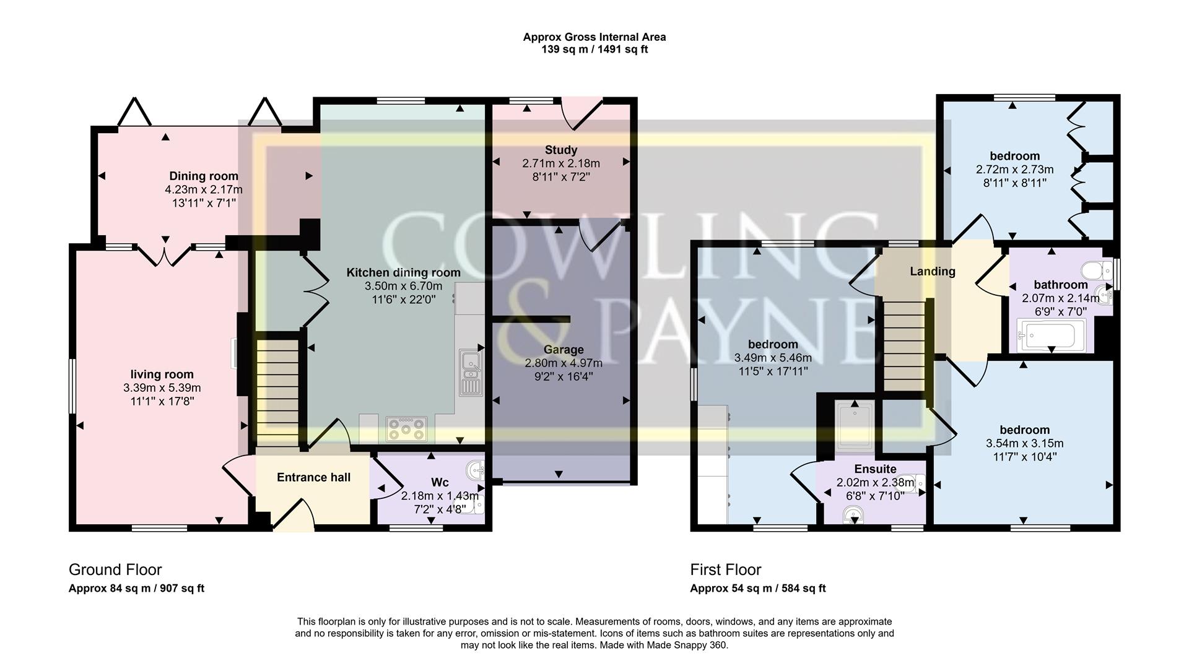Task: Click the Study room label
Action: coord(560,150)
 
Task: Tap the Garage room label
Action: coord(563,350)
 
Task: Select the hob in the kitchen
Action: coord(406,428)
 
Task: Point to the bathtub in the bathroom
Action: coord(1051,336)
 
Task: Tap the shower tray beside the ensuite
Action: coord(855,426)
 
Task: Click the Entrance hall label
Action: coord(313,477)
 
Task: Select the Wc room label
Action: coord(440,482)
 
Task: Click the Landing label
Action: coord(932,271)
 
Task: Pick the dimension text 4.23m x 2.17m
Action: coord(204,190)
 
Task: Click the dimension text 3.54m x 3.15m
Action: coord(1024,443)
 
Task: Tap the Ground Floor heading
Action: coord(115,569)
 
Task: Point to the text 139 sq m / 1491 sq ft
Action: coord(594,50)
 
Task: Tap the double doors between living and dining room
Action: coord(165,255)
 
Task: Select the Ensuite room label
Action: coord(875,469)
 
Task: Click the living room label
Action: coord(162,374)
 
